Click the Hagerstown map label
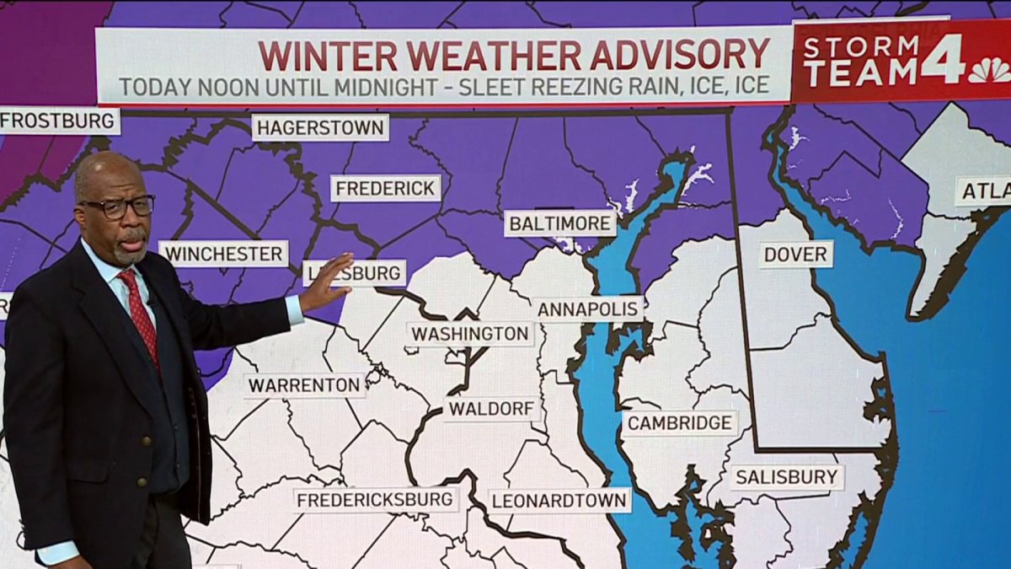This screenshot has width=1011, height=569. click(x=320, y=128)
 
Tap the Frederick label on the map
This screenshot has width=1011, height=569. click(x=386, y=188)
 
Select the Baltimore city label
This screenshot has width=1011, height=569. click(x=560, y=224)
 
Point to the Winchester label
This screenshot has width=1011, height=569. click(x=223, y=254)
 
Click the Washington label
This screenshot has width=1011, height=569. click(x=471, y=334)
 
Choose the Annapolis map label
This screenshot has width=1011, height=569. click(x=589, y=309)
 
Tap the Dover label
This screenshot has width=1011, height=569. click(x=795, y=255)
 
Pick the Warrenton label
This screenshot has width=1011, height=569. click(x=305, y=386)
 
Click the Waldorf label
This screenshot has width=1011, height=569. click(x=492, y=410)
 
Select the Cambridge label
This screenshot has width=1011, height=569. click(x=679, y=423)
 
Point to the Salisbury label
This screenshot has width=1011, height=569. click(x=786, y=478)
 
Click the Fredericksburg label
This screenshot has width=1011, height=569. click(x=376, y=500)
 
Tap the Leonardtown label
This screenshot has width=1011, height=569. click(x=559, y=501)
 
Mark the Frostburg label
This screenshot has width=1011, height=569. click(x=58, y=121)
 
